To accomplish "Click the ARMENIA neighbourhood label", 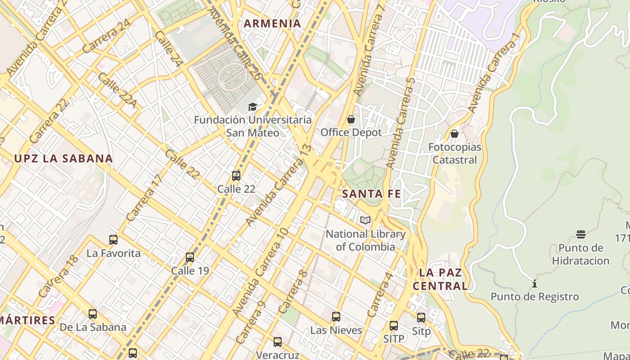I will [x=272, y=24].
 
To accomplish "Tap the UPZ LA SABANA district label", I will [x=63, y=158].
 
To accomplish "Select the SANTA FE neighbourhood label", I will [x=371, y=194].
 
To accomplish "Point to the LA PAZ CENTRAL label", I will [x=441, y=279].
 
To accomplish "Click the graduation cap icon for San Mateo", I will [x=252, y=107].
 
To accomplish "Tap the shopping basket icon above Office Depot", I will [x=351, y=119].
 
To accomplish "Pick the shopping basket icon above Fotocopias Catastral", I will [x=454, y=134].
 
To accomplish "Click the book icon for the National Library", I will [x=365, y=220].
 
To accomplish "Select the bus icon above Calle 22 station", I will [x=236, y=176].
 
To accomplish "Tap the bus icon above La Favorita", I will [x=113, y=240].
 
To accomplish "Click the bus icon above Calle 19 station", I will [x=190, y=257].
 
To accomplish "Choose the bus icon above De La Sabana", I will [x=93, y=314].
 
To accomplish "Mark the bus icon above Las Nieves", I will [x=336, y=317].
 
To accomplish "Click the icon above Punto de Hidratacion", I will [x=581, y=234].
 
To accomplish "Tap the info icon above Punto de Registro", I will [x=535, y=284].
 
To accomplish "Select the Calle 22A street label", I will [x=117, y=90].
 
